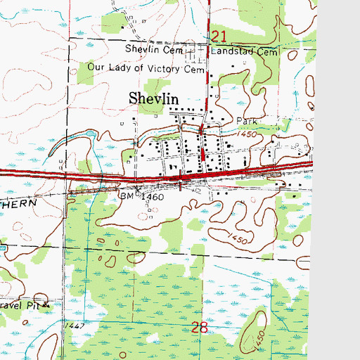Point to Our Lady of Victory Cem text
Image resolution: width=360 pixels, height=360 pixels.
coord(146,68)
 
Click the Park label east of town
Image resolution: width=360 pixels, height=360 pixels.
coord(248,122)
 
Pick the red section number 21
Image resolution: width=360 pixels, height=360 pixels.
coord(219,36)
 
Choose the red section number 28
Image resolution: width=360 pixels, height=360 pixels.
coord(200,327)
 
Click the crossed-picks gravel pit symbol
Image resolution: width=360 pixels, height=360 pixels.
coord(47,304)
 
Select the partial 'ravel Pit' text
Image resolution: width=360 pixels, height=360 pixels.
coord(20,307)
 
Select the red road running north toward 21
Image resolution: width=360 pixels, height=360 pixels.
coord(208,77)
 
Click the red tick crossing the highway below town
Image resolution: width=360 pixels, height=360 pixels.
coord(183,181)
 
